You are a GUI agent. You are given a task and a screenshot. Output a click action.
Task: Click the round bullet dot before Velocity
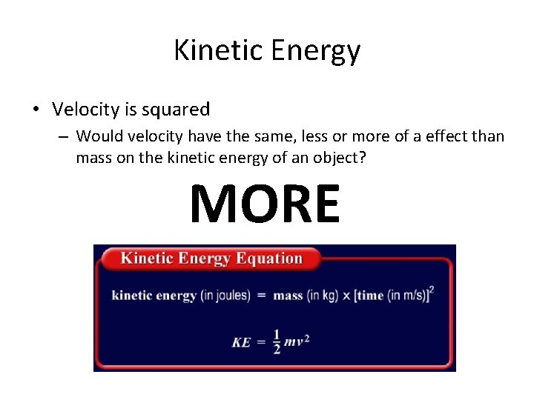pyautogui.click(x=36, y=110)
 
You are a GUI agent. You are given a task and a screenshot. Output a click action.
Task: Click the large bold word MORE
pyautogui.click(x=265, y=204)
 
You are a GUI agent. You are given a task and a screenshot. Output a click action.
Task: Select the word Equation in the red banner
pyautogui.click(x=268, y=259)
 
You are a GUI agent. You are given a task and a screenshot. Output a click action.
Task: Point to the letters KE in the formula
pyautogui.click(x=241, y=343)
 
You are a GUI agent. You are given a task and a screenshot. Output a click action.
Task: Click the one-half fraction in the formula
pyautogui.click(x=277, y=342)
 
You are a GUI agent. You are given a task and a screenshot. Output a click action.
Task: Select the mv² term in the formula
pyautogui.click(x=296, y=342)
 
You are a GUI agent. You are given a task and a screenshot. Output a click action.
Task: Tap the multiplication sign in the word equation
pyautogui.click(x=346, y=296)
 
